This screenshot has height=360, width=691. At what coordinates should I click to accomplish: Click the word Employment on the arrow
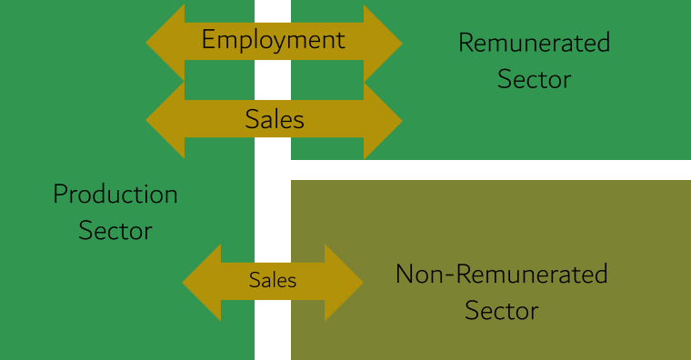point(273,40)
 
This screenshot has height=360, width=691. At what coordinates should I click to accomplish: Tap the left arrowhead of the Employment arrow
point(164,41)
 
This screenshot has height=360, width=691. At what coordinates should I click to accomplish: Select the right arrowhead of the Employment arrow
point(384,41)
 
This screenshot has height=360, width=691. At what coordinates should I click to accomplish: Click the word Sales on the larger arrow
point(275,119)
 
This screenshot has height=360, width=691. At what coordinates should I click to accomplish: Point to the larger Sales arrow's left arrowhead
point(164,119)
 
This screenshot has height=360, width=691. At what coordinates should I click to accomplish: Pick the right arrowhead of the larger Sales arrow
point(384,119)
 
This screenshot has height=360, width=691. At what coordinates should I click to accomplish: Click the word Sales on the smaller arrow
point(273,281)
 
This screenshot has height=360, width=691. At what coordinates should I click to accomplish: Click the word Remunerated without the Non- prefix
point(534,42)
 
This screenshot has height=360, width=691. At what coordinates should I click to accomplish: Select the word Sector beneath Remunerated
point(534,79)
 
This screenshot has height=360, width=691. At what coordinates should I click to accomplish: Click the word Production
point(115,194)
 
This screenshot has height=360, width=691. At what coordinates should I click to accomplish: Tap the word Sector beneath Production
point(115,231)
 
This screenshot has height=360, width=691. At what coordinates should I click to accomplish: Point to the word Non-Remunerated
point(501,274)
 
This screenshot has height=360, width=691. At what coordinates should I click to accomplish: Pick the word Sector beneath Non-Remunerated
point(501,311)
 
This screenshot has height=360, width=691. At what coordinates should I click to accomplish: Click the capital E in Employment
point(208,40)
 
